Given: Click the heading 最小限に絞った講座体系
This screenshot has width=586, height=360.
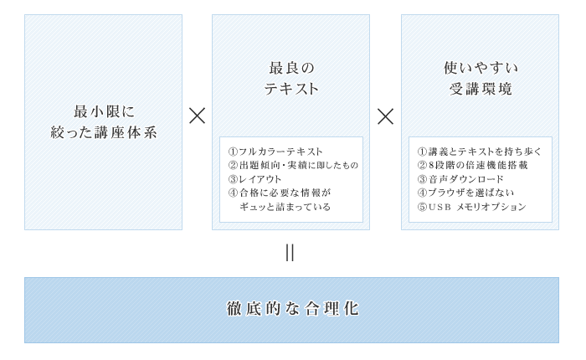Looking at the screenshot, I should tap(103, 122).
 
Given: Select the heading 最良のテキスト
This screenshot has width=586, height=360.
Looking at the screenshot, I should tap(290, 78).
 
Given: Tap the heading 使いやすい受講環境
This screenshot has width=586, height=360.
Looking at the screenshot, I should tap(481, 78).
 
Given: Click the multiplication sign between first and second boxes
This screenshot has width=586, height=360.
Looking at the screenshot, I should tap(197, 116).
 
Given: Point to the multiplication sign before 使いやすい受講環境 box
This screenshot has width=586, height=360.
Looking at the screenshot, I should tap(385, 116).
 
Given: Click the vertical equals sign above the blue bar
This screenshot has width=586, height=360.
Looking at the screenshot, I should tap(290, 253).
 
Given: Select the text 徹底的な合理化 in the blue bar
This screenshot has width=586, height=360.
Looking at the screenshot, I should tap(292, 309).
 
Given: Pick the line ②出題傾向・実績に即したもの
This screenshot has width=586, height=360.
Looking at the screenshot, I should tap(292, 165).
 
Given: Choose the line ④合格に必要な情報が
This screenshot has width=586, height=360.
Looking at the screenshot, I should tap(280, 192).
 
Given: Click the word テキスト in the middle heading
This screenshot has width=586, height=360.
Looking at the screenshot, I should tap(290, 89).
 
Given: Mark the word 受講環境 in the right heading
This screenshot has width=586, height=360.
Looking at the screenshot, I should tap(481, 89).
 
